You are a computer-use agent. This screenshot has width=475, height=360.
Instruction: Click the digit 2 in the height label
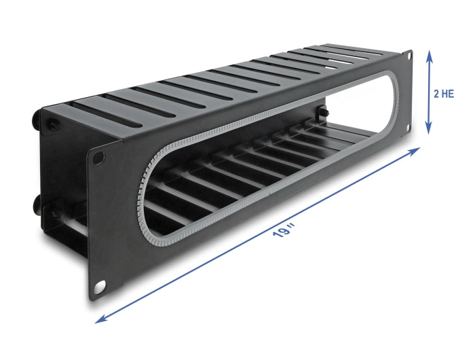437,94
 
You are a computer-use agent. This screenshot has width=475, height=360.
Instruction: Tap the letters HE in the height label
449,94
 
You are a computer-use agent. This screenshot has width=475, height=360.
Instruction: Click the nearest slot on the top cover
102,112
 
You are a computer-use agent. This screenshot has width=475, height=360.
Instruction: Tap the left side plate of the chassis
61,170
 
